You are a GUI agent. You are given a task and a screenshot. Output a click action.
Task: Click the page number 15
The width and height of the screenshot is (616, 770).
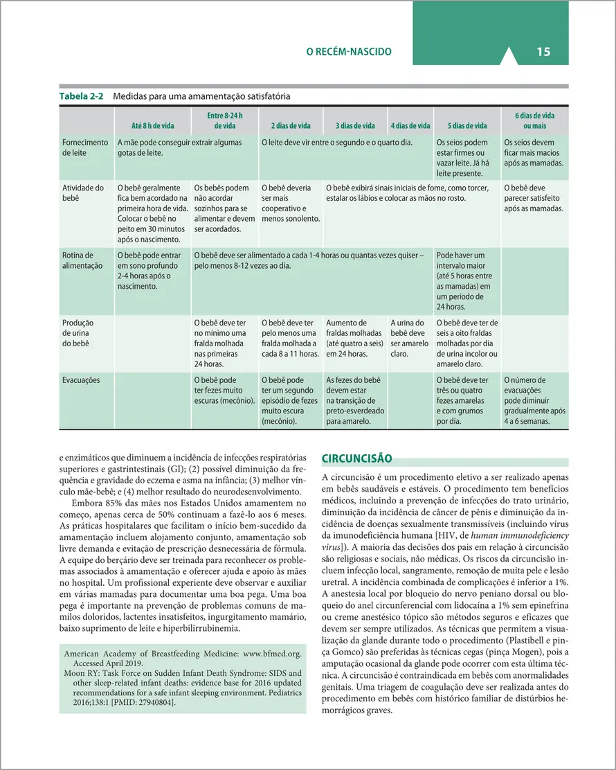pyautogui.click(x=543, y=52)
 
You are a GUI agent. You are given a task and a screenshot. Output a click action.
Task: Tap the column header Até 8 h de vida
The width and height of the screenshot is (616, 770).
pyautogui.click(x=152, y=125)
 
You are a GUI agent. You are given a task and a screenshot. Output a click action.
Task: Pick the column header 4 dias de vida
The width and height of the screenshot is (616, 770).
pyautogui.click(x=410, y=125)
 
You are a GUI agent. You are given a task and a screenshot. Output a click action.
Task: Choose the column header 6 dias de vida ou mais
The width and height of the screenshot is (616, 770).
pyautogui.click(x=534, y=120)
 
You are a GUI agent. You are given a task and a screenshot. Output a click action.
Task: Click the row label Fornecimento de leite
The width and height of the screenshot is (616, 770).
pyautogui.click(x=85, y=147)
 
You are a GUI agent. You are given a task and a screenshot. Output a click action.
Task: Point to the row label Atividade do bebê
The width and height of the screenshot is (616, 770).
pyautogui.click(x=83, y=192)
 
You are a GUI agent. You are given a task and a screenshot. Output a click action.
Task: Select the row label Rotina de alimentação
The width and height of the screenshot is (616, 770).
pyautogui.click(x=82, y=260)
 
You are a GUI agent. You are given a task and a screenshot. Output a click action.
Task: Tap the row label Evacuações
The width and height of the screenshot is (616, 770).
pyautogui.click(x=82, y=380)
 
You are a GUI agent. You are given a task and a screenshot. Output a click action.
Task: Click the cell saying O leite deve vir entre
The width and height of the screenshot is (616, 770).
pyautogui.click(x=337, y=143)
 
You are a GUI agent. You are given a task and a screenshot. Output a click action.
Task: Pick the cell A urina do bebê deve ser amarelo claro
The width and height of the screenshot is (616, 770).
pyautogui.click(x=410, y=338)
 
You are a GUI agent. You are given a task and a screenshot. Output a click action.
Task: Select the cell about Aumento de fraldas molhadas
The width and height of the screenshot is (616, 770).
pyautogui.click(x=354, y=338)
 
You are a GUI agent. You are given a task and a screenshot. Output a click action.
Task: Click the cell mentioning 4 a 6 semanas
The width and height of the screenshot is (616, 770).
pyautogui.click(x=534, y=400)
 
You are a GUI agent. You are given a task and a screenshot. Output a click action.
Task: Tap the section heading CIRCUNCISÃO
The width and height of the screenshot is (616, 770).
pyautogui.click(x=357, y=458)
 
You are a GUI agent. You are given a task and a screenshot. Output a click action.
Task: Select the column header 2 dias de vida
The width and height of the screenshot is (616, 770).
pyautogui.click(x=291, y=125)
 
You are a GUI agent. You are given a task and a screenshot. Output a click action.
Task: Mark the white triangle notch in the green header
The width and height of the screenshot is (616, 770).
pyautogui.click(x=509, y=57)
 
